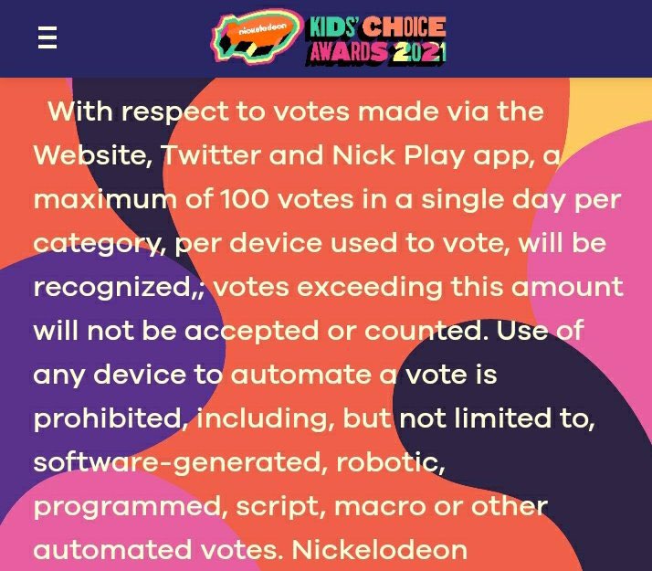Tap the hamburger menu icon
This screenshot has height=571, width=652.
tap(47, 37)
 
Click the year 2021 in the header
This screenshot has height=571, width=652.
tap(417, 53)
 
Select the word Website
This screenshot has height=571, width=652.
tap(89, 155)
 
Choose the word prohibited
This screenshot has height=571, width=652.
tap(106, 418)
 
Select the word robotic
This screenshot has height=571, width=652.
tap(388, 461)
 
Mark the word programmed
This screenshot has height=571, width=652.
tap(129, 506)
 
